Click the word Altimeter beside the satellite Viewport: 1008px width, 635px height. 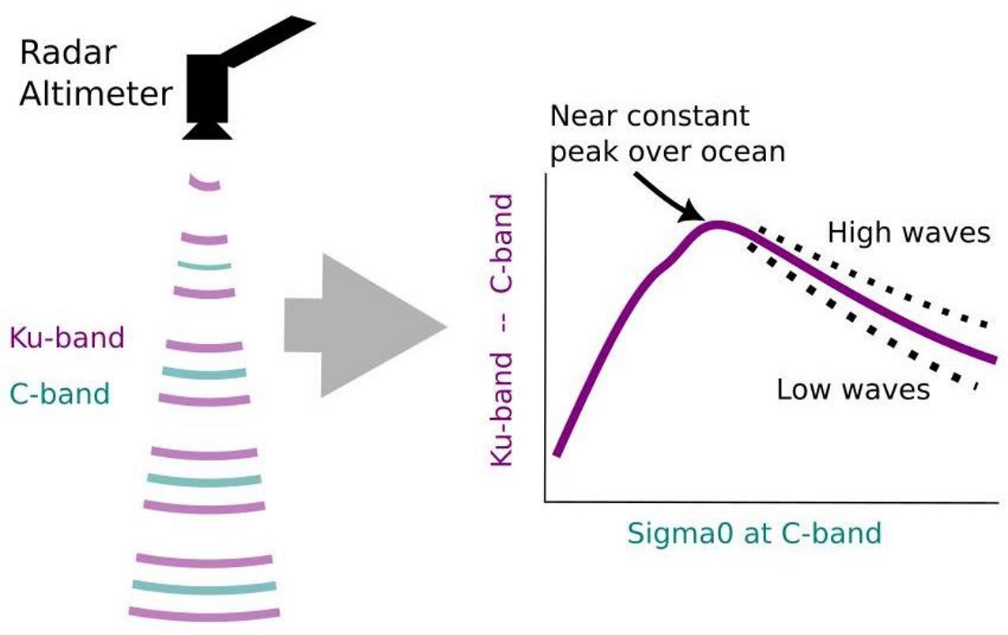[96, 94]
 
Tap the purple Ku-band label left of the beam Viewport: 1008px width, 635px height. [67, 338]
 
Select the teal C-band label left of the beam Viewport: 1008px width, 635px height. [59, 392]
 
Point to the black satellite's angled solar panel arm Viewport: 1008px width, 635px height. [269, 40]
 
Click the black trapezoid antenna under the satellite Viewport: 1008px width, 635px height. [207, 130]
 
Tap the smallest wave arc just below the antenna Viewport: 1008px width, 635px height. [206, 183]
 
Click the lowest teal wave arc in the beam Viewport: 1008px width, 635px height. [204, 586]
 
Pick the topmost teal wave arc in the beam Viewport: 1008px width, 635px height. [204, 265]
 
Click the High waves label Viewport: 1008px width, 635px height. [908, 232]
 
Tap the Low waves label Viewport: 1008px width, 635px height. [853, 390]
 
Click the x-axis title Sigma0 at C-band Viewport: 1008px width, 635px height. [754, 533]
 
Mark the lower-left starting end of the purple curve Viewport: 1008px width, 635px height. [557, 452]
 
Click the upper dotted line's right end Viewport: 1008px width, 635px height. [985, 324]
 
